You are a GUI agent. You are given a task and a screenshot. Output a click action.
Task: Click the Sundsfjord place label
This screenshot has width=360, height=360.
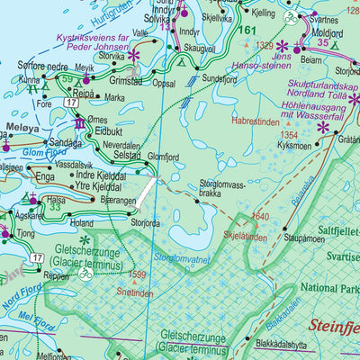[x=225, y=79]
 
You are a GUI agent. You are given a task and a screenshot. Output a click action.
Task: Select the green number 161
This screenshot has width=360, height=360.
[x=247, y=31]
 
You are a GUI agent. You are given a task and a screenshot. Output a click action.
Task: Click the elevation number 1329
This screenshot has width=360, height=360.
[x=264, y=44]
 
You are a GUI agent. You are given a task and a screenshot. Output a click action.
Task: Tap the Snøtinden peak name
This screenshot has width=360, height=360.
[x=135, y=293]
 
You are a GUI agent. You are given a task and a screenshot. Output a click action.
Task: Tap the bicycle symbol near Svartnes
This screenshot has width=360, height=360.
[x=290, y=16]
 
